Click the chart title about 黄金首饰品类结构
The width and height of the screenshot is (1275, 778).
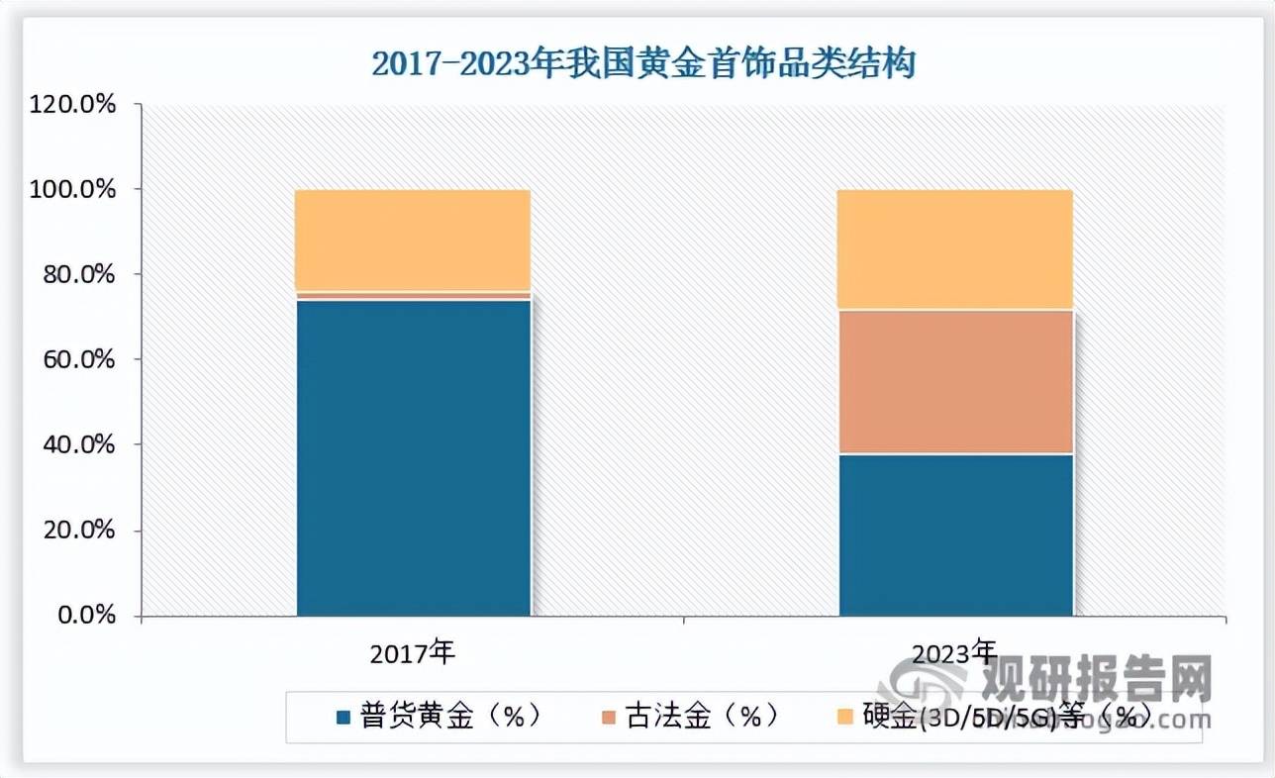643,64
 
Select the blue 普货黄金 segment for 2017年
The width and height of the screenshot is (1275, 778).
414,457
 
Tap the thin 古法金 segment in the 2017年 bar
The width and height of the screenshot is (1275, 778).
414,295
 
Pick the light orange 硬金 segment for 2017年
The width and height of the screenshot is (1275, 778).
414,240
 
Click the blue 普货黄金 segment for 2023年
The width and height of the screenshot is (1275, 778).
956,535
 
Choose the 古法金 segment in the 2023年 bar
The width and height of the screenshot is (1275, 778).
956,382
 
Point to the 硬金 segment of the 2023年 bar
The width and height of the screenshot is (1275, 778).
956,249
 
